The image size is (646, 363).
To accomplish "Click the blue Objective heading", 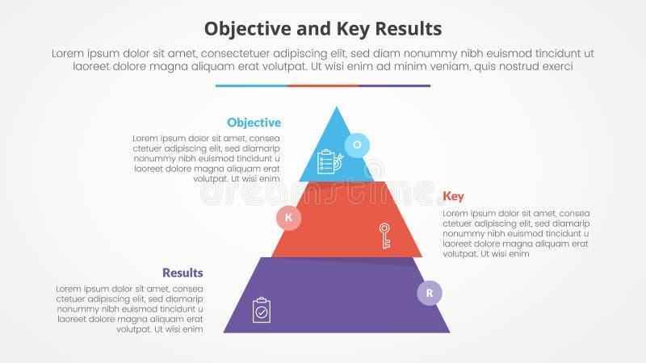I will (x=254, y=123).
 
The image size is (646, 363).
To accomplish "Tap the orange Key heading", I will (x=453, y=196).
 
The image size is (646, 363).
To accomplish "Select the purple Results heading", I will (x=182, y=273).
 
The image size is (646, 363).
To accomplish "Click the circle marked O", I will (x=357, y=145).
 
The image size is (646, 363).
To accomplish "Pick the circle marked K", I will (x=288, y=218).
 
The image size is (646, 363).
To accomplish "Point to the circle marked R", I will (x=430, y=293).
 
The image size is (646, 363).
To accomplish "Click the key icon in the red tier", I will (x=384, y=236).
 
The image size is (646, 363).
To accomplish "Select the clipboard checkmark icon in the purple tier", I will (x=262, y=310).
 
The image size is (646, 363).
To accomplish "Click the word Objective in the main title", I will (x=247, y=29).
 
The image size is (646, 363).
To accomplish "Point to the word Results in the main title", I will (x=409, y=29).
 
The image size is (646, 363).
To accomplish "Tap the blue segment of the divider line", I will (x=251, y=86).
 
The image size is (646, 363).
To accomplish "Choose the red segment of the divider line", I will (x=322, y=86).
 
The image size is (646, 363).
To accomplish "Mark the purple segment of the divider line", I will (x=394, y=86).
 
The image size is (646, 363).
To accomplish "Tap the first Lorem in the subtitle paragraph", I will (x=68, y=52).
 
